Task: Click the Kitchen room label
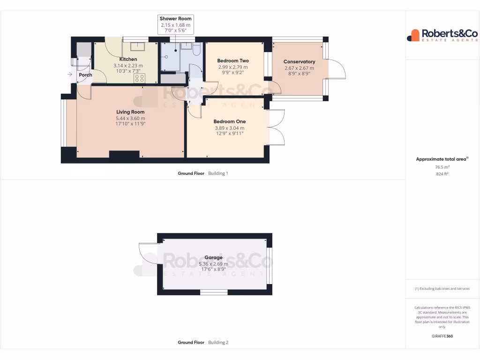128,59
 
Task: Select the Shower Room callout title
176,19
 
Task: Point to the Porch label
85,75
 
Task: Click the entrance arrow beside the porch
70,75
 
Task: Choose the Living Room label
130,112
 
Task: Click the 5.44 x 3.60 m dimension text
130,118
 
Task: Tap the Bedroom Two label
233,61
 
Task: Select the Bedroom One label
230,121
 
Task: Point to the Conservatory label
300,61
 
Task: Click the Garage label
213,257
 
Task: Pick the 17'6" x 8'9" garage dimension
213,270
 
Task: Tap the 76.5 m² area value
442,167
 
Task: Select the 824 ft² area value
442,174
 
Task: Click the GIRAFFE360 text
442,336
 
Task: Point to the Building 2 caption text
218,343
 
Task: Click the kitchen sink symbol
138,46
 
